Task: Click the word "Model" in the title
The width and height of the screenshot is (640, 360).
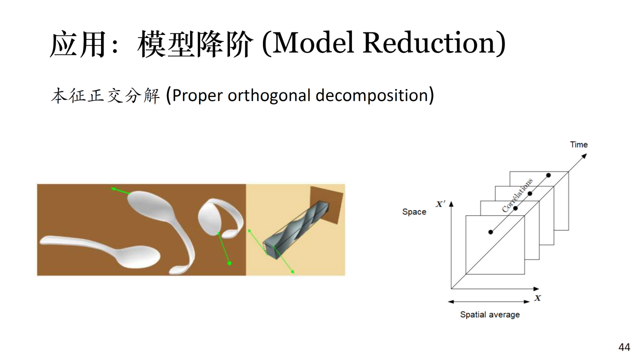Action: click(313, 43)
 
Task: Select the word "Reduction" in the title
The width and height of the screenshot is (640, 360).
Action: click(429, 43)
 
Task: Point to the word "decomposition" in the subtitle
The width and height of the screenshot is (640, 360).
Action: click(371, 95)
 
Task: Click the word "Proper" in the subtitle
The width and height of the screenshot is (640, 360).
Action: click(197, 95)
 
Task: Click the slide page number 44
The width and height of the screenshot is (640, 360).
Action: click(624, 347)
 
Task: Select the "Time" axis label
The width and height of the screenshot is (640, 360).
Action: click(579, 144)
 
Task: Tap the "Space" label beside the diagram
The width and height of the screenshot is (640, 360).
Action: click(414, 211)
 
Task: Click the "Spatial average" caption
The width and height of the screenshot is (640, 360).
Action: click(489, 314)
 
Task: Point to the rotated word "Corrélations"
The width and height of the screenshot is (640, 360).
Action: click(517, 195)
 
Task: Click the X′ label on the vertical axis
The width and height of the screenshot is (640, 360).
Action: click(440, 204)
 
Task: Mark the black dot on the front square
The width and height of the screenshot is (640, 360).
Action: click(490, 232)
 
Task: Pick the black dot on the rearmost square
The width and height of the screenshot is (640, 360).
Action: click(548, 175)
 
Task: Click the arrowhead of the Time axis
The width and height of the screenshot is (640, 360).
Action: click(584, 156)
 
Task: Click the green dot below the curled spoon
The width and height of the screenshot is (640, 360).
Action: click(229, 263)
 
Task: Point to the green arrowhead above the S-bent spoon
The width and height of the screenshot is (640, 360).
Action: click(113, 189)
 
